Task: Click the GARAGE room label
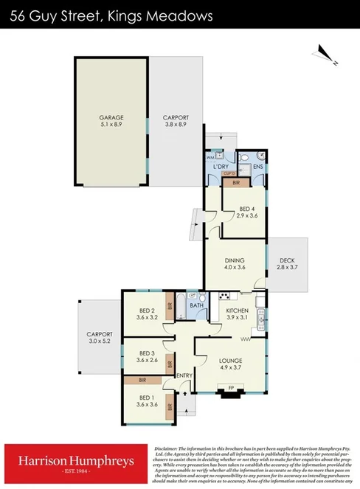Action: [111, 117]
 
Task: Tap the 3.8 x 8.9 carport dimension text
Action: [176, 125]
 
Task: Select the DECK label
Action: [286, 260]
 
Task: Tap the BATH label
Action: [197, 305]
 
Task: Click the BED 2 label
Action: [146, 311]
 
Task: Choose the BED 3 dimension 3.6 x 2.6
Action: [147, 361]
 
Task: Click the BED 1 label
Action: [147, 398]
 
